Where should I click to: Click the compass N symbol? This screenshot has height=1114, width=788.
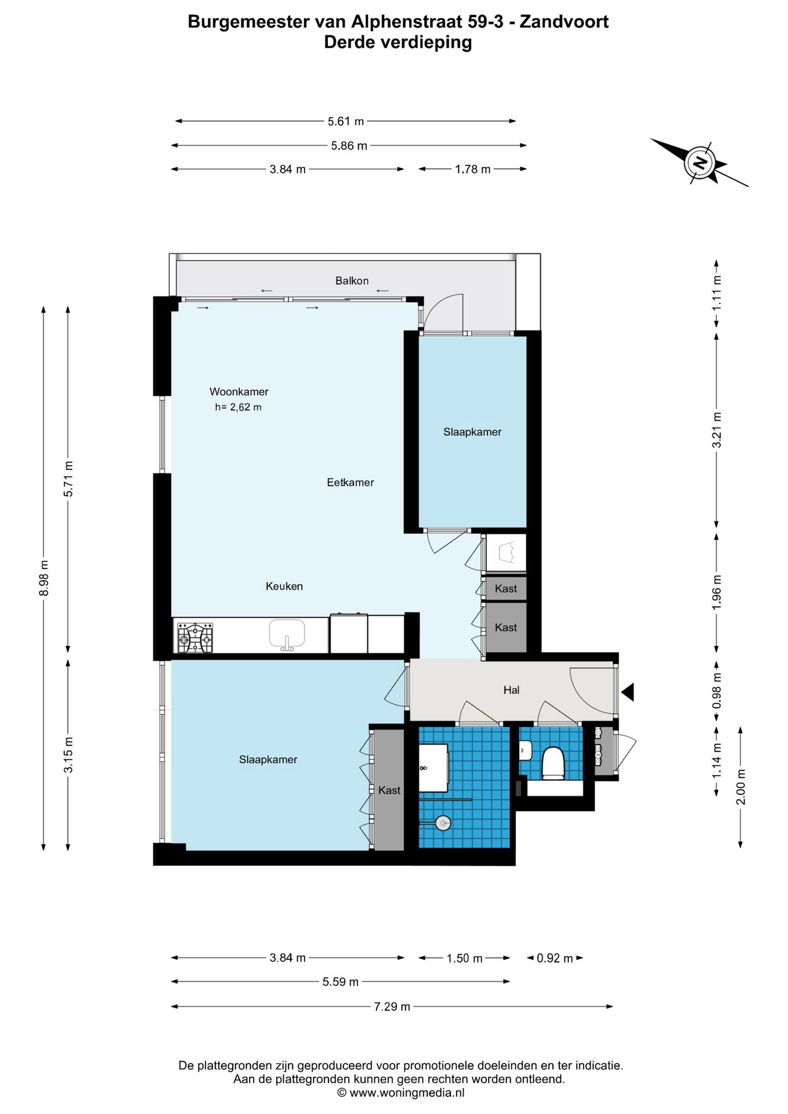point(700,162)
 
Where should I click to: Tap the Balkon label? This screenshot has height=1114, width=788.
point(352,281)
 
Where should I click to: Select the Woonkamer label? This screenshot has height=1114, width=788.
point(239,392)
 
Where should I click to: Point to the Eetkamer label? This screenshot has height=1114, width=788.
point(350,482)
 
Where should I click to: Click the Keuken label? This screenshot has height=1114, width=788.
point(284,586)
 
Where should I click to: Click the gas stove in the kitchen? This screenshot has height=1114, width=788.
point(195,638)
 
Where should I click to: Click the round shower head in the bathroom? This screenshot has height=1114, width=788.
point(443,823)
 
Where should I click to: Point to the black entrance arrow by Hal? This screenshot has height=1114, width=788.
point(628,692)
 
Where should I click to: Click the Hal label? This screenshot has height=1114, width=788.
point(511,690)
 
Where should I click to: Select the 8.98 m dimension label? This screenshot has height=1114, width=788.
point(44,578)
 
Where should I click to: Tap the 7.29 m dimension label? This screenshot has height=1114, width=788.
point(392,1007)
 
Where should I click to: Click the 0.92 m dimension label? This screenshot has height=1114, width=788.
point(555,958)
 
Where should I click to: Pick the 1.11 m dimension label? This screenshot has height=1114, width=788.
point(717,292)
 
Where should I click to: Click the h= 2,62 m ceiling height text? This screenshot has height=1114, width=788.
point(238,407)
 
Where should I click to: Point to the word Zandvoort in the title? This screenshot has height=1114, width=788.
point(564,21)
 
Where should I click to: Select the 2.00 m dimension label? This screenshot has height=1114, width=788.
point(741,787)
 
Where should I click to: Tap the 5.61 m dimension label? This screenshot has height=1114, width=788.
point(346,121)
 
